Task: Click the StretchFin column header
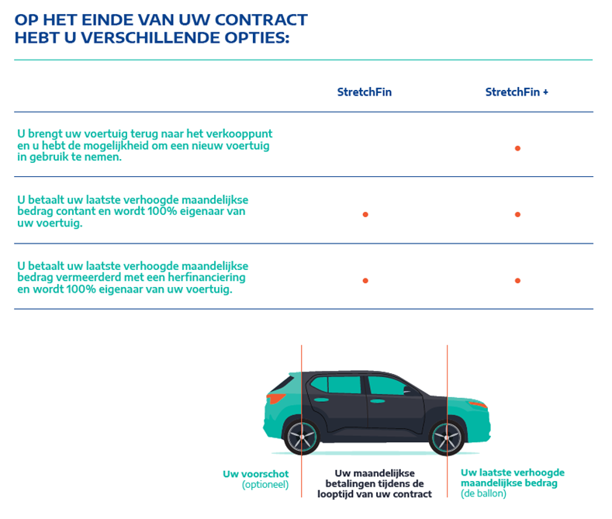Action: click(x=365, y=92)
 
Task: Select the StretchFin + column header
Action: click(x=517, y=92)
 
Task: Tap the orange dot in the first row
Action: click(x=517, y=148)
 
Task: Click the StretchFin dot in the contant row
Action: click(x=365, y=214)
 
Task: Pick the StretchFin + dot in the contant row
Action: click(x=517, y=214)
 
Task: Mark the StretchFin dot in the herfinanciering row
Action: click(x=365, y=280)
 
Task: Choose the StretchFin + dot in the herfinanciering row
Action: click(x=517, y=280)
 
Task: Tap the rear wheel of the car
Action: click(x=303, y=436)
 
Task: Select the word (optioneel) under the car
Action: click(x=265, y=485)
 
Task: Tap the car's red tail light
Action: click(x=275, y=399)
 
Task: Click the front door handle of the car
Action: click(x=377, y=402)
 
